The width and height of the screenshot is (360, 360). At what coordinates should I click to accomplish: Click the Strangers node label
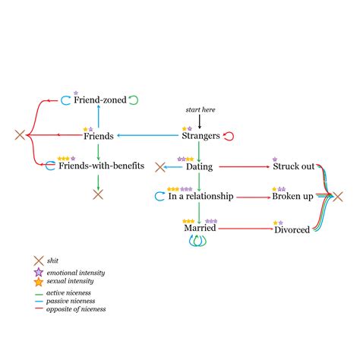click(x=201, y=137)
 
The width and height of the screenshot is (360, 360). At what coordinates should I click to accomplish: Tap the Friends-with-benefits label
click(x=102, y=166)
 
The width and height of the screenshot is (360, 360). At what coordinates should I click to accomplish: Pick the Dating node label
click(x=199, y=167)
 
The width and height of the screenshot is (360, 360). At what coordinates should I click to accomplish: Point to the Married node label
click(x=200, y=228)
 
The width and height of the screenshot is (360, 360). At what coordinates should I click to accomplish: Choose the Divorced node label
click(x=292, y=229)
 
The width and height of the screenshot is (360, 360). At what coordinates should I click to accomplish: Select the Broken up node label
click(x=292, y=197)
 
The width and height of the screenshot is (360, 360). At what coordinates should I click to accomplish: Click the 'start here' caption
click(x=201, y=110)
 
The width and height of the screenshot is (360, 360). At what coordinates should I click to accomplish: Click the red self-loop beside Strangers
click(x=229, y=137)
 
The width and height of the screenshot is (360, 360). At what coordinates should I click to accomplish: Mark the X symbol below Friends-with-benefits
click(x=98, y=194)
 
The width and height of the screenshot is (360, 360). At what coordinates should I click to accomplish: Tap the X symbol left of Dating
click(x=160, y=167)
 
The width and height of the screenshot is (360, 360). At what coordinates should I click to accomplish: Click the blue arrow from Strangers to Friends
click(x=148, y=137)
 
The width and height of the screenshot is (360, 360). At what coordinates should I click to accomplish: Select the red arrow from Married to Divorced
click(x=245, y=228)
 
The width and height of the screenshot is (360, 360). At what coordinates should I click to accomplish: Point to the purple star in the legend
click(x=38, y=273)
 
